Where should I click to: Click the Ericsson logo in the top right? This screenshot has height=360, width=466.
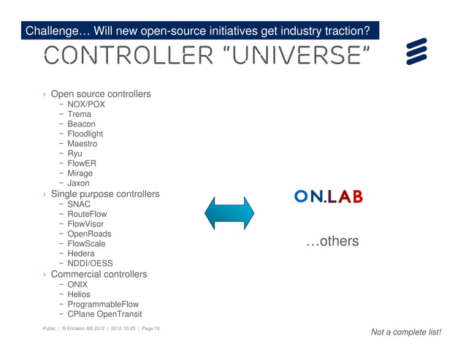[x=416, y=52]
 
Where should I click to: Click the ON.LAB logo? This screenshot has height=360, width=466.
[x=328, y=196]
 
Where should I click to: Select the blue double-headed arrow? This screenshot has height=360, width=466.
[x=229, y=212]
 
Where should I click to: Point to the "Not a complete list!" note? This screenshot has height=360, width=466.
[x=406, y=332]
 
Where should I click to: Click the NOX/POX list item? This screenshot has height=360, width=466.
[x=86, y=104]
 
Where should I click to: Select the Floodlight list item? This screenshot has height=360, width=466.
[x=85, y=134]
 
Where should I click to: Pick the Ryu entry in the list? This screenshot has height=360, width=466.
[x=75, y=154]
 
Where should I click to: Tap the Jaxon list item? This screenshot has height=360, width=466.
[x=79, y=183]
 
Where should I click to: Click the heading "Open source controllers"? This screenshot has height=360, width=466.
[x=101, y=94]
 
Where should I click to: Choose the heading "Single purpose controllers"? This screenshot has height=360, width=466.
[x=104, y=194]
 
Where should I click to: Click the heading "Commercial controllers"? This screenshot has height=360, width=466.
[x=99, y=274]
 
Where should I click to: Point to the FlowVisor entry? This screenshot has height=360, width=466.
[x=85, y=224]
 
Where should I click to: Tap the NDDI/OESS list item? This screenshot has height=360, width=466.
[x=90, y=264]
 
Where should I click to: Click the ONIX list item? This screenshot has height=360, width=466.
[x=77, y=284]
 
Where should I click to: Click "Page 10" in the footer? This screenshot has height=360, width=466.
[x=150, y=329]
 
